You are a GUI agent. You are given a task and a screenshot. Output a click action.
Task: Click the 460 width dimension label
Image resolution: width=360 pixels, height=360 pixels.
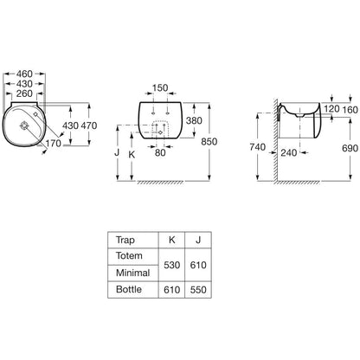[x=24, y=74]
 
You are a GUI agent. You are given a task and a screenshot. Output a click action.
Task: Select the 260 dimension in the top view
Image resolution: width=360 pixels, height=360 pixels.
[x=24, y=93]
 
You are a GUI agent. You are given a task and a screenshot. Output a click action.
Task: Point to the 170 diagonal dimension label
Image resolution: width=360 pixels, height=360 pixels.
[x=53, y=143]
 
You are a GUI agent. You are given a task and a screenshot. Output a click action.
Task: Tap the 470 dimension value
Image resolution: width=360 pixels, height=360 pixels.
[x=89, y=125]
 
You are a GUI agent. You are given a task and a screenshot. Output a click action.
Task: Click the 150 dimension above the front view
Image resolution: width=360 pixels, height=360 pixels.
[x=160, y=87]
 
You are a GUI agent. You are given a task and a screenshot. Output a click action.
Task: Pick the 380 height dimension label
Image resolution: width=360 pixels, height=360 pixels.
[x=194, y=120]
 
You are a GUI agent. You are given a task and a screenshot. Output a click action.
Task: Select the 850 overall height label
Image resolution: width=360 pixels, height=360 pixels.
[x=209, y=142]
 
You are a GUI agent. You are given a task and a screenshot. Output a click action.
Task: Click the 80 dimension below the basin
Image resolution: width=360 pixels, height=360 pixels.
[x=160, y=152]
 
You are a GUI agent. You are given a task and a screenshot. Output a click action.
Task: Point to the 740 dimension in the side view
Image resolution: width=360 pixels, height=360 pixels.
[x=257, y=147]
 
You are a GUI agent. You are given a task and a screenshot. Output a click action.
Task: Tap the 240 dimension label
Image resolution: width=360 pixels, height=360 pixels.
[x=289, y=152]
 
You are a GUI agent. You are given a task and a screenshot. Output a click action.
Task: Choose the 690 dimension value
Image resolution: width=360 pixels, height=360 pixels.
[x=350, y=148]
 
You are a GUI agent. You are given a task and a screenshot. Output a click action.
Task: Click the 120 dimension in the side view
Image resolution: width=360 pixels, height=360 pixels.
[x=331, y=109]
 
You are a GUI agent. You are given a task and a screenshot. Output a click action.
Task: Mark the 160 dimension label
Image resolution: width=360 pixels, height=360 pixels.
[x=350, y=110]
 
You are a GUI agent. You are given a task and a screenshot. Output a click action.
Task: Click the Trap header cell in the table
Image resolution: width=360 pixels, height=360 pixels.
[x=125, y=240]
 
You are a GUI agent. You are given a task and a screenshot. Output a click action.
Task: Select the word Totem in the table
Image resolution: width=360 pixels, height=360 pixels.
[x=129, y=255]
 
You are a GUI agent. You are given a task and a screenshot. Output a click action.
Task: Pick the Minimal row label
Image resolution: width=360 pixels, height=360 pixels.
[x=132, y=273]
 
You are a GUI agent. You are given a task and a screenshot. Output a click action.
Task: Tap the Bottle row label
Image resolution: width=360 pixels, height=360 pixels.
[x=129, y=289]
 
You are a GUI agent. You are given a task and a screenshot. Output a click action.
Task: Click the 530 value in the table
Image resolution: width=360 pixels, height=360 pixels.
[x=171, y=265]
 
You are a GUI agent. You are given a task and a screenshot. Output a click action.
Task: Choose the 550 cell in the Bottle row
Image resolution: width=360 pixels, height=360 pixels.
[x=198, y=290]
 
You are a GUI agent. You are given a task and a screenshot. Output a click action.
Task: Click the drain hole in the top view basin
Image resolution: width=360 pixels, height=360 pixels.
[x=23, y=125]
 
